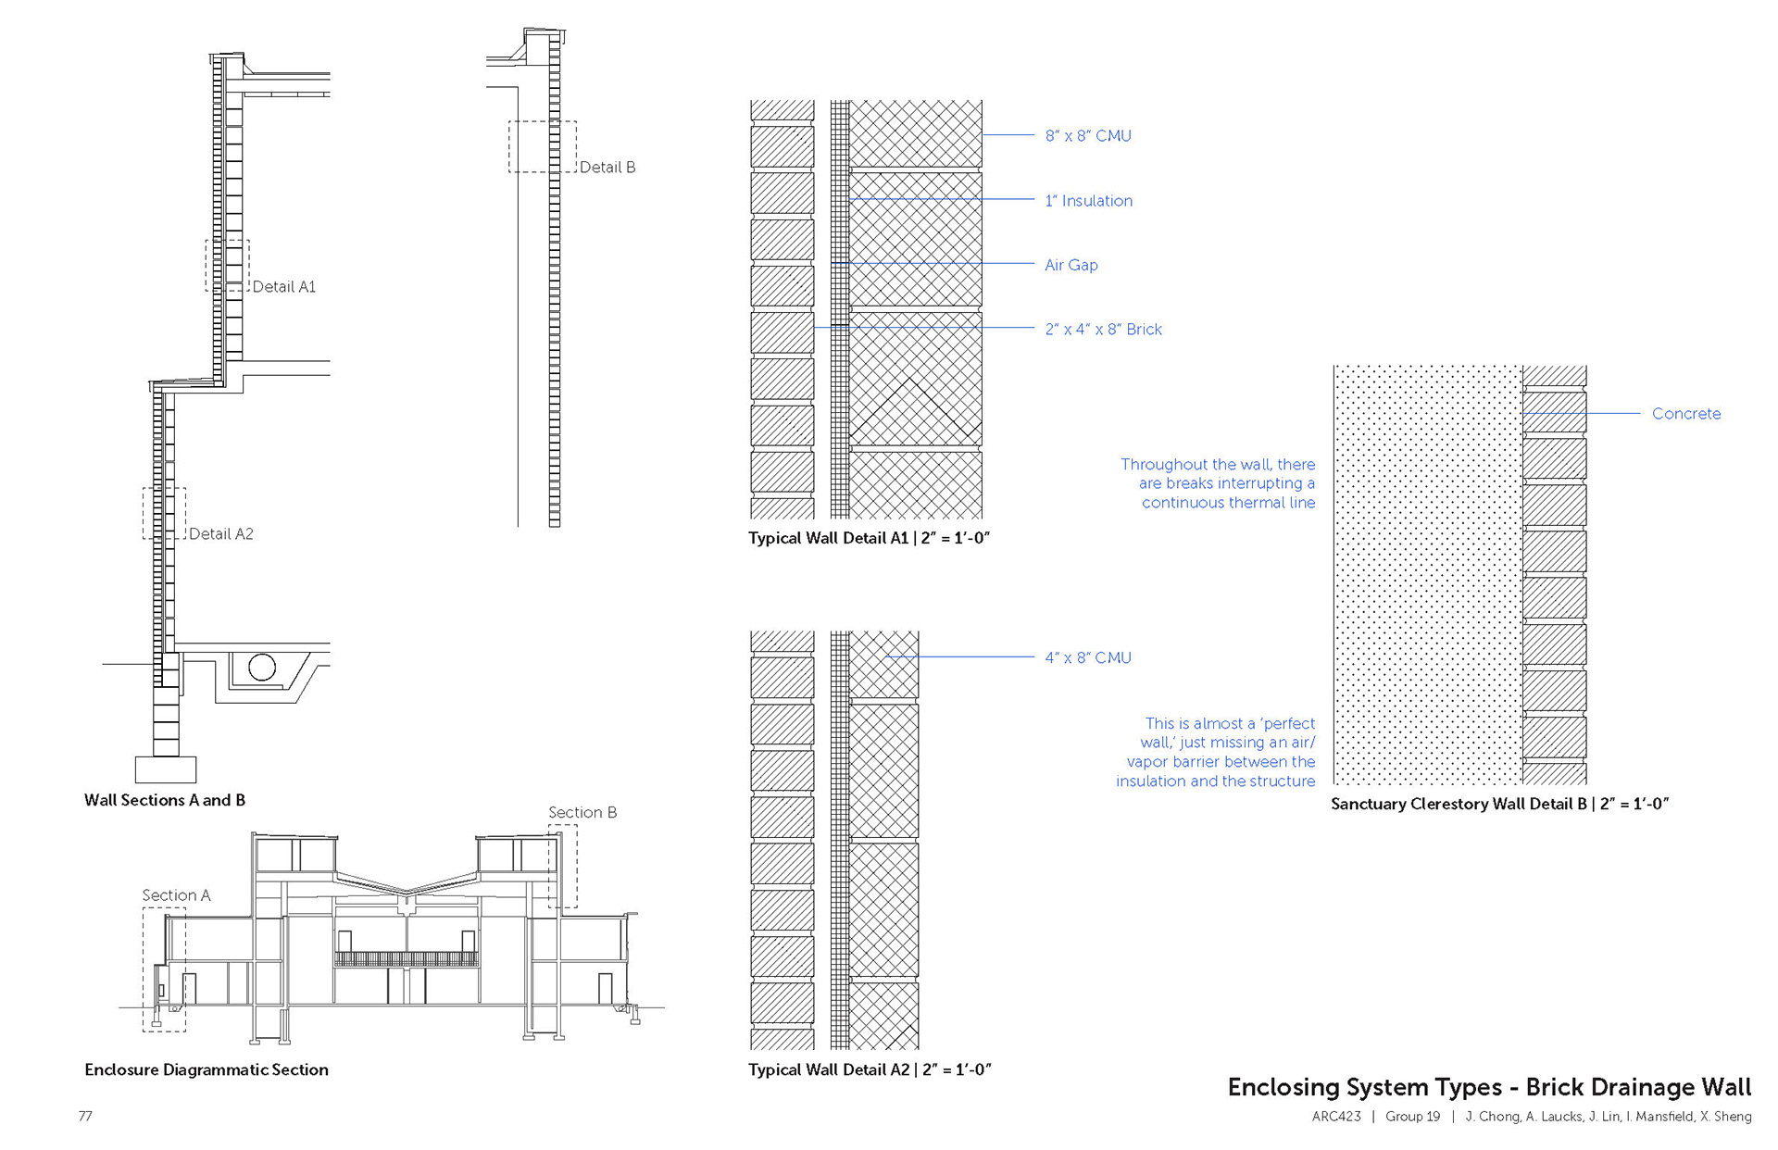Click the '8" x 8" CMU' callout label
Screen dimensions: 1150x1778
(1087, 136)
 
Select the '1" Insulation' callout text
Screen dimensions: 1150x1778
(1088, 201)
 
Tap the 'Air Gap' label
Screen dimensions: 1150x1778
(1071, 265)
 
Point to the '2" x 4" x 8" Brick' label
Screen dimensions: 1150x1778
(1103, 330)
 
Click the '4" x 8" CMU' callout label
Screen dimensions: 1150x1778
(1087, 658)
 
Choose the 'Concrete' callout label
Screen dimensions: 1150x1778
(1685, 414)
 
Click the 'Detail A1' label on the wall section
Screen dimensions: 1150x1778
(283, 287)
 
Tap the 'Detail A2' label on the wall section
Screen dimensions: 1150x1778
(220, 534)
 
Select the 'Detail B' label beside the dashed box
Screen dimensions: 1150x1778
(607, 168)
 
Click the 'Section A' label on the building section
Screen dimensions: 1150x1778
(176, 895)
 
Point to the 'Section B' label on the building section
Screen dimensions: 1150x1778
(582, 813)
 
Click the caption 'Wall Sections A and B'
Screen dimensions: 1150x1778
(165, 800)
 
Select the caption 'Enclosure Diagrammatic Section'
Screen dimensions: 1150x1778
(207, 1069)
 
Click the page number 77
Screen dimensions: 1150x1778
(85, 1117)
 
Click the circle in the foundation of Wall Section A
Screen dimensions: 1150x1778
(262, 668)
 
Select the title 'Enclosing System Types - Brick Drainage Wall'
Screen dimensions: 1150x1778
(1489, 1087)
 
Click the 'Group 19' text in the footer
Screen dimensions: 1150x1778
(1412, 1117)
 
